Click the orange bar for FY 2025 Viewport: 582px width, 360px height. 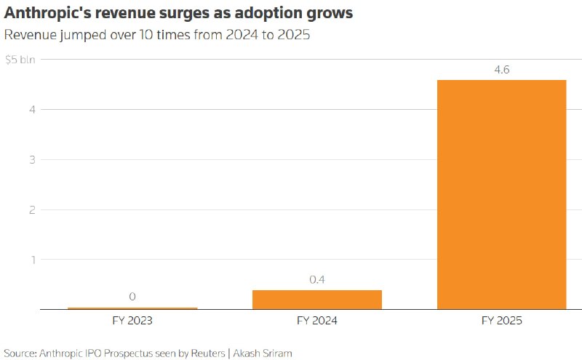502,194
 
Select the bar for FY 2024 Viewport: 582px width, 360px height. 317,300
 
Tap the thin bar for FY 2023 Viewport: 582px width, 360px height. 132,308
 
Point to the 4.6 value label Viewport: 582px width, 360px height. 502,69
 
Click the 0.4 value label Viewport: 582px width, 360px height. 317,279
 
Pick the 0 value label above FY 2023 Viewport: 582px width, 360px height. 132,297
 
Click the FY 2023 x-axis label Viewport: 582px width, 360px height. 132,321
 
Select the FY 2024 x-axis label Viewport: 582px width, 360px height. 317,321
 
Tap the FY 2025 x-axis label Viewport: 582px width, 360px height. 502,321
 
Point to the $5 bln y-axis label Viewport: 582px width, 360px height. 20,60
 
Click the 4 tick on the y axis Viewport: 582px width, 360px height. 32,110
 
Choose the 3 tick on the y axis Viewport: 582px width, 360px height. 32,159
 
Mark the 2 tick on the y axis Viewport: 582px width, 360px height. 32,209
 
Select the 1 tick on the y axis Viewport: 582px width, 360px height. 33,260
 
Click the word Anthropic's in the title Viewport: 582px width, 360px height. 47,13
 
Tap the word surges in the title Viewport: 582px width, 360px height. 184,14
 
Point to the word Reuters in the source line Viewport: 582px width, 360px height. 208,353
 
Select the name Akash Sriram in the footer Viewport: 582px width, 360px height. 263,353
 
